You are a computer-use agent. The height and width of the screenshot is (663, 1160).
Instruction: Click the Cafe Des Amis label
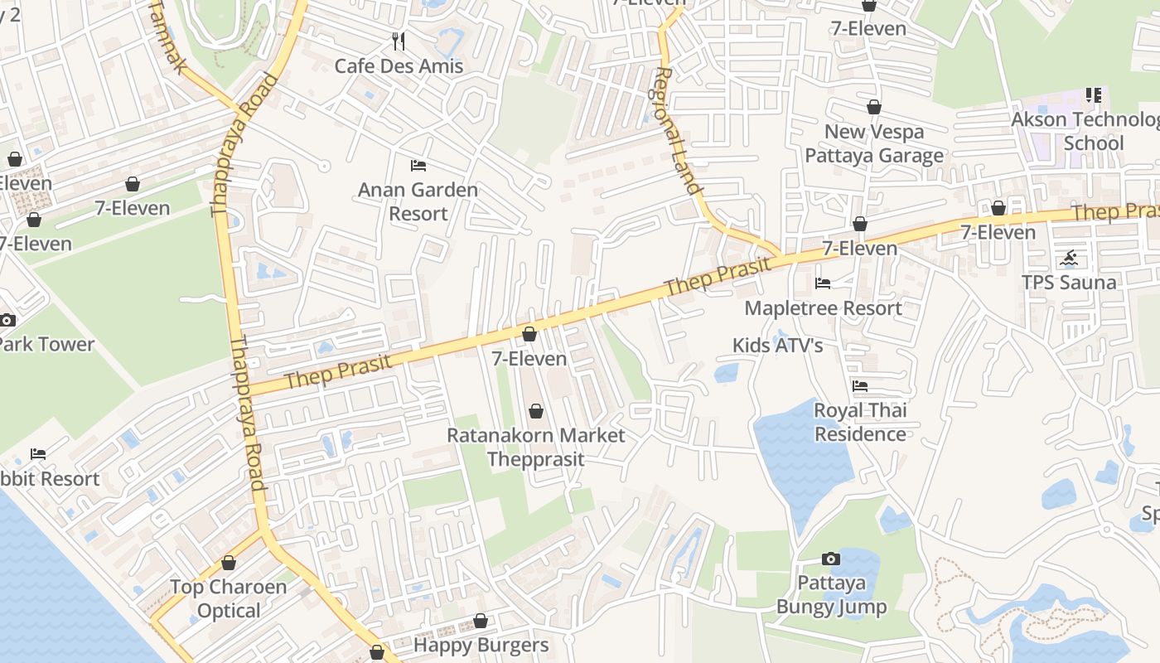pos(399,65)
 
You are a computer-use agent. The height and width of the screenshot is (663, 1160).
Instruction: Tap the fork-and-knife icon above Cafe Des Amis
pos(399,41)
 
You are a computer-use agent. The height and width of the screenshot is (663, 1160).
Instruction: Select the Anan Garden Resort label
pos(418,201)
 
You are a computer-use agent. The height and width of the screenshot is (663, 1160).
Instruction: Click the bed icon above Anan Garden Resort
pos(418,166)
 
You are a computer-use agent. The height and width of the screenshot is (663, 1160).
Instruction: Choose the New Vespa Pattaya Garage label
pos(874,143)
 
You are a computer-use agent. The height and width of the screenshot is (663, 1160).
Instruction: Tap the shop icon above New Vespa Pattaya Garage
pos(873,107)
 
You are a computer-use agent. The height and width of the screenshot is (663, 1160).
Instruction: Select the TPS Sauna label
pos(1069,283)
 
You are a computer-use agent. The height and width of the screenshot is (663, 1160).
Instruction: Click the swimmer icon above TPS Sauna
pos(1069,258)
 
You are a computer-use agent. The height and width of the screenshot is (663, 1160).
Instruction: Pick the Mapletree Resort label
pos(823,308)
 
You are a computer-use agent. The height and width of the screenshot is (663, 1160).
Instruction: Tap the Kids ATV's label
pos(777,345)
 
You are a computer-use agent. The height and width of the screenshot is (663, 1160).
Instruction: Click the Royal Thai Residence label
pos(860,422)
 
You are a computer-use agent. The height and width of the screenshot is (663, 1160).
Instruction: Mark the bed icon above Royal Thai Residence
pos(860,386)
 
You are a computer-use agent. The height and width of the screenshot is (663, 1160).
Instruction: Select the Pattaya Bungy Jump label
pos(831,595)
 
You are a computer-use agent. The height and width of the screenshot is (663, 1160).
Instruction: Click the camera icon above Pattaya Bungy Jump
pos(830,559)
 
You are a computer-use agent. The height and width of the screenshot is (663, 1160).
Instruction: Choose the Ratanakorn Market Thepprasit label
pos(536,447)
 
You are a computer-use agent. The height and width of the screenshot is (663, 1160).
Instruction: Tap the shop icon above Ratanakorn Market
pos(536,411)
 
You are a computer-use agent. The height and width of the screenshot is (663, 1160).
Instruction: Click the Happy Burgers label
pos(481,645)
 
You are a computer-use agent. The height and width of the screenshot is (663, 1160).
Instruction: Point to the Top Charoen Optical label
pos(229,598)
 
